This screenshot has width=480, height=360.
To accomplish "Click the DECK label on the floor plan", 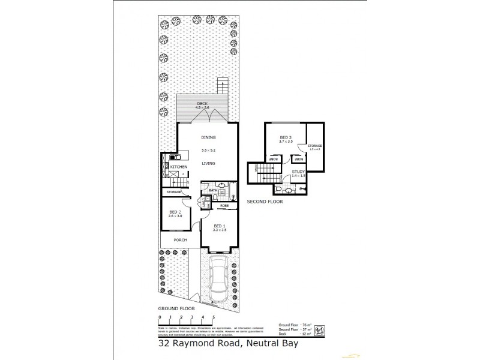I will click(x=202, y=104).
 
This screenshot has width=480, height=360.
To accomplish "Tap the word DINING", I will click(x=208, y=137).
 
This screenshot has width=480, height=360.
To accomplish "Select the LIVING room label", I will click(x=208, y=163).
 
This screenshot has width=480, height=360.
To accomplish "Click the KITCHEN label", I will click(x=179, y=167).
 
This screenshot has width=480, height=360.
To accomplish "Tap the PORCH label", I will click(x=180, y=240).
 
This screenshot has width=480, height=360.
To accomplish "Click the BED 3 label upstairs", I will click(x=286, y=137).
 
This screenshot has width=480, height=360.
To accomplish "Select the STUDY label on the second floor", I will click(x=299, y=172).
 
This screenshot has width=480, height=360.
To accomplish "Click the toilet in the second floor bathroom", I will click(x=289, y=191).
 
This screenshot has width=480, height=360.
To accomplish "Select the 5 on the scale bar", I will click(x=214, y=316).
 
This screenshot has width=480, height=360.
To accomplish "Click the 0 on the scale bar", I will click(x=160, y=316).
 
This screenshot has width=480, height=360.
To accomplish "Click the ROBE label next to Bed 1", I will click(x=224, y=206).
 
